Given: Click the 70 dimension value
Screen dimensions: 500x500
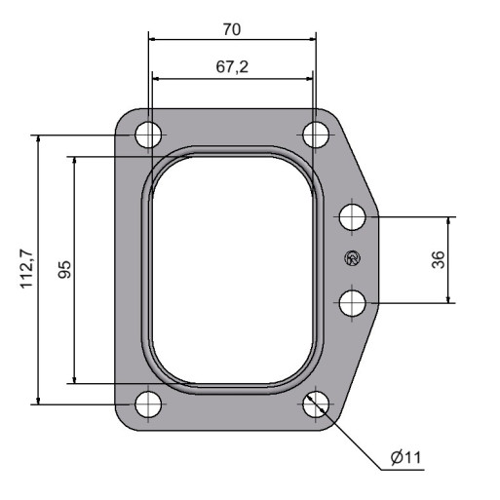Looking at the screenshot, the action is click(232, 29).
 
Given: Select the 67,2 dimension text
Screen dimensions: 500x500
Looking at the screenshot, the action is click(232, 67).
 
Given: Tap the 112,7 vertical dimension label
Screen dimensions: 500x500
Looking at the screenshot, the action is click(26, 268).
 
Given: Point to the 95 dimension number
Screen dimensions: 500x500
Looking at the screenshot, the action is click(64, 269).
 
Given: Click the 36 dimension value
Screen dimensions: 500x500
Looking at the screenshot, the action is click(439, 259).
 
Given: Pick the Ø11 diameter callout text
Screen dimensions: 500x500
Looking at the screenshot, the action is click(406, 457).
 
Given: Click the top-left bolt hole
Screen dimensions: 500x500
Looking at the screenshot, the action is click(148, 135).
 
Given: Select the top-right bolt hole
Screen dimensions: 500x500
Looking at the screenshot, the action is click(316, 135).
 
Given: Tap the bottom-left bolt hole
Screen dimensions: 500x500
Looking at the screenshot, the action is click(148, 404).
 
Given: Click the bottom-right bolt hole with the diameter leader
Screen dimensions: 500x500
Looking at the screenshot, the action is click(316, 404).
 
